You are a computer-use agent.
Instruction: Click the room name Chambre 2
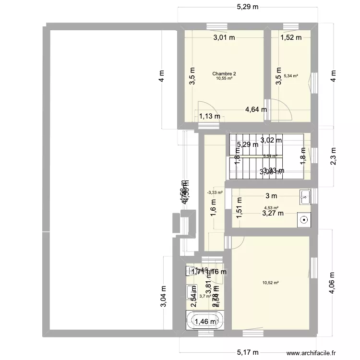click(x=224, y=73)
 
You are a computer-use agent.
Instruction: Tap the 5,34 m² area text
click(x=291, y=75)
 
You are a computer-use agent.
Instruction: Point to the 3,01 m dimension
click(x=224, y=37)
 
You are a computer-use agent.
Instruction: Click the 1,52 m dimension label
click(x=291, y=37)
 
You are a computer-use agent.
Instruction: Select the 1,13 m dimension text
click(x=210, y=116)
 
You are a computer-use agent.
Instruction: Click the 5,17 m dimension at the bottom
click(x=248, y=352)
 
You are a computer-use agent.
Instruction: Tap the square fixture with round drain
click(x=303, y=220)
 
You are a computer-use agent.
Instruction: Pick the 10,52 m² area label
click(x=270, y=283)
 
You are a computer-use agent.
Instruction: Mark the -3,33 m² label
click(x=215, y=192)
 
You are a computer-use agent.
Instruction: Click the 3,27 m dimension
click(x=272, y=214)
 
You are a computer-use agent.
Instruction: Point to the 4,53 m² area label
click(x=269, y=208)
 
